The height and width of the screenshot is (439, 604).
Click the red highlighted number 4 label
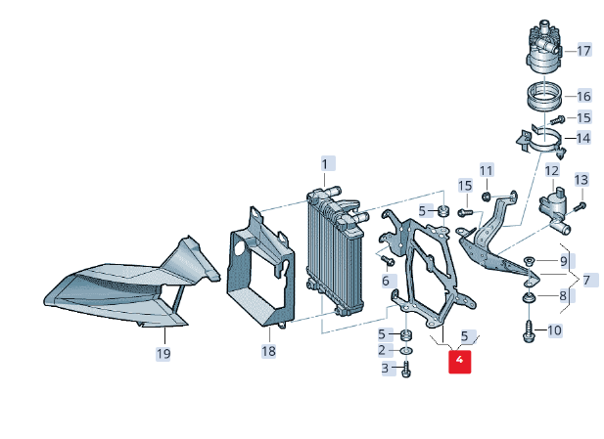coord(459,362)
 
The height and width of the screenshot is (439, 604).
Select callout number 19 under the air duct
coord(163,353)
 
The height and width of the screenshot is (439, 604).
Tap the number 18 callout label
coord(269,350)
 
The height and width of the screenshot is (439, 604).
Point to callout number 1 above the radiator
coord(326,163)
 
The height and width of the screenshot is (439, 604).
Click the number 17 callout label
coord(583,50)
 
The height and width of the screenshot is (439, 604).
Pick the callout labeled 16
coord(583,96)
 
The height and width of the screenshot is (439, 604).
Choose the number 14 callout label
coord(583,138)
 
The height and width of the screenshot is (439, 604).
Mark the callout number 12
coord(551,172)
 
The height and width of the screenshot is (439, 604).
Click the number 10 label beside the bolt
coord(554,330)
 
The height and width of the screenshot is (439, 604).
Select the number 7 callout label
coord(587,281)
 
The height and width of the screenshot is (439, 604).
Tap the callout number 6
coord(385,281)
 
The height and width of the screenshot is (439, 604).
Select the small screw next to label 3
coord(406,370)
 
